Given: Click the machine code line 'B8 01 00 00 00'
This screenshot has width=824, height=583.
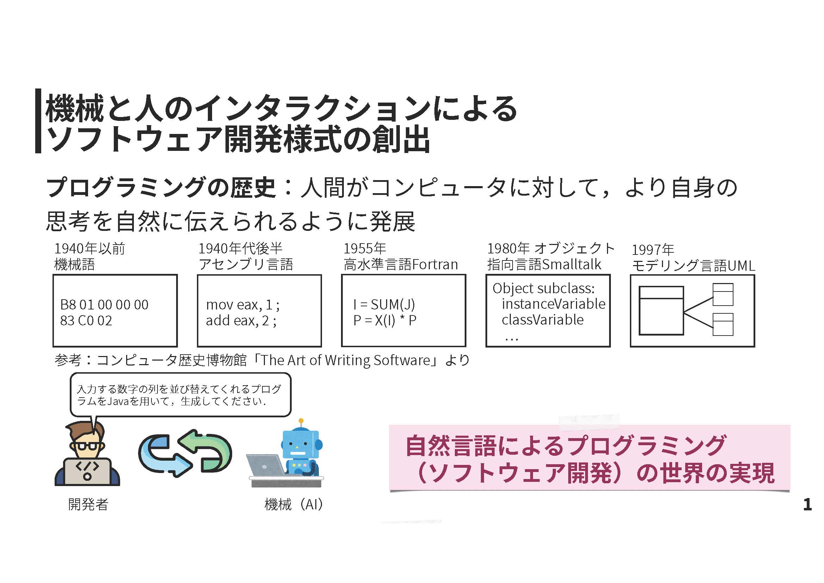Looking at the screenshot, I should (104, 305).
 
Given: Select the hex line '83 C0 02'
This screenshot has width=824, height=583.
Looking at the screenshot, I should (86, 320).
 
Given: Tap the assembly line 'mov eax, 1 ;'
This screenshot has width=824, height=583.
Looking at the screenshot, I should (243, 305).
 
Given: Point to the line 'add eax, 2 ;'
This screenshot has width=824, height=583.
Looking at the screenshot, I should (241, 320).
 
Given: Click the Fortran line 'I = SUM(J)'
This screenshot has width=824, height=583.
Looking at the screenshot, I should (384, 305).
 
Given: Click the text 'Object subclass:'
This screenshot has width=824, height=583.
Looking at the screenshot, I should (543, 288).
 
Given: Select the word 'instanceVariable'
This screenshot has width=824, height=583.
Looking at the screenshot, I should (553, 304).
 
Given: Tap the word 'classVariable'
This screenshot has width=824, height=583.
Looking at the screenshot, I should (543, 320).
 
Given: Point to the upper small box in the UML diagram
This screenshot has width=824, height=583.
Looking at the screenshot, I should (723, 294).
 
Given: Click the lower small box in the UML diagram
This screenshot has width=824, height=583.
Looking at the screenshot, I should (723, 324).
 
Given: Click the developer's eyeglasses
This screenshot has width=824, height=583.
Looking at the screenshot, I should (88, 447).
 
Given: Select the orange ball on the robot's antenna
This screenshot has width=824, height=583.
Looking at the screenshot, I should (301, 421).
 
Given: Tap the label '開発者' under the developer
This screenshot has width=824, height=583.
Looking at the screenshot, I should (88, 505).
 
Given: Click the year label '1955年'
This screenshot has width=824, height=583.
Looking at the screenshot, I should (365, 248).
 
